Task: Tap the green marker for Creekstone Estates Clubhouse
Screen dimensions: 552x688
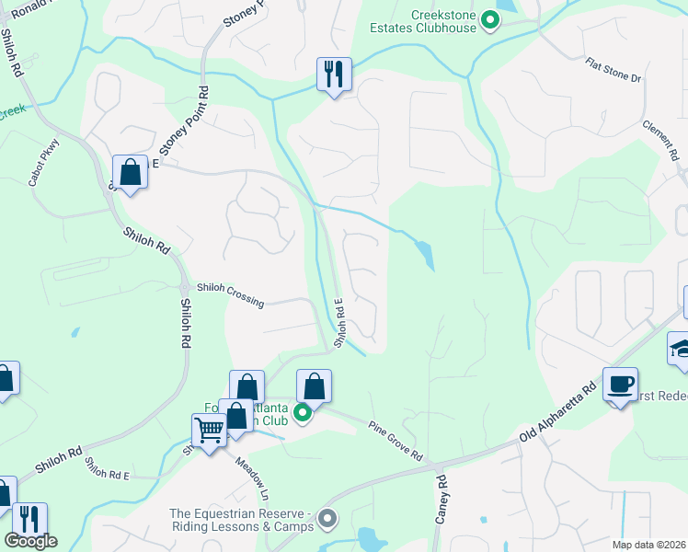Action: pos(491,19)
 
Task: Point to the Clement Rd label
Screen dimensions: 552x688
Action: pos(659,137)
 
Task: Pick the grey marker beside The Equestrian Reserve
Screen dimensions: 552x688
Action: pos(327,521)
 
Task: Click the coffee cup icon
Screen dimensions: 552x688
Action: pos(620,384)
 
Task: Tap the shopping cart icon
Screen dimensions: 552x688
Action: pos(209,430)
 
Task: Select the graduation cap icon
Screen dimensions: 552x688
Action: pos(681,349)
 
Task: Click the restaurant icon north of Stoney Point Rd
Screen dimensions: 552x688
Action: pos(334,73)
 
